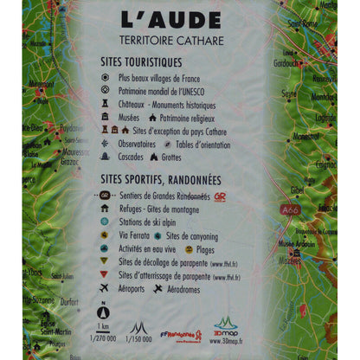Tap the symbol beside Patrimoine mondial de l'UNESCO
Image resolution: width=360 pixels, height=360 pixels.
105,90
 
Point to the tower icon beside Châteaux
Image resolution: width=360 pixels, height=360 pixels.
105,103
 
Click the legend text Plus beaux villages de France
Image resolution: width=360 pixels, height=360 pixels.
164,77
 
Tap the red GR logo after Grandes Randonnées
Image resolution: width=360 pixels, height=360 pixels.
220,196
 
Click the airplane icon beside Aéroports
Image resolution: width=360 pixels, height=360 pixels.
105,288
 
